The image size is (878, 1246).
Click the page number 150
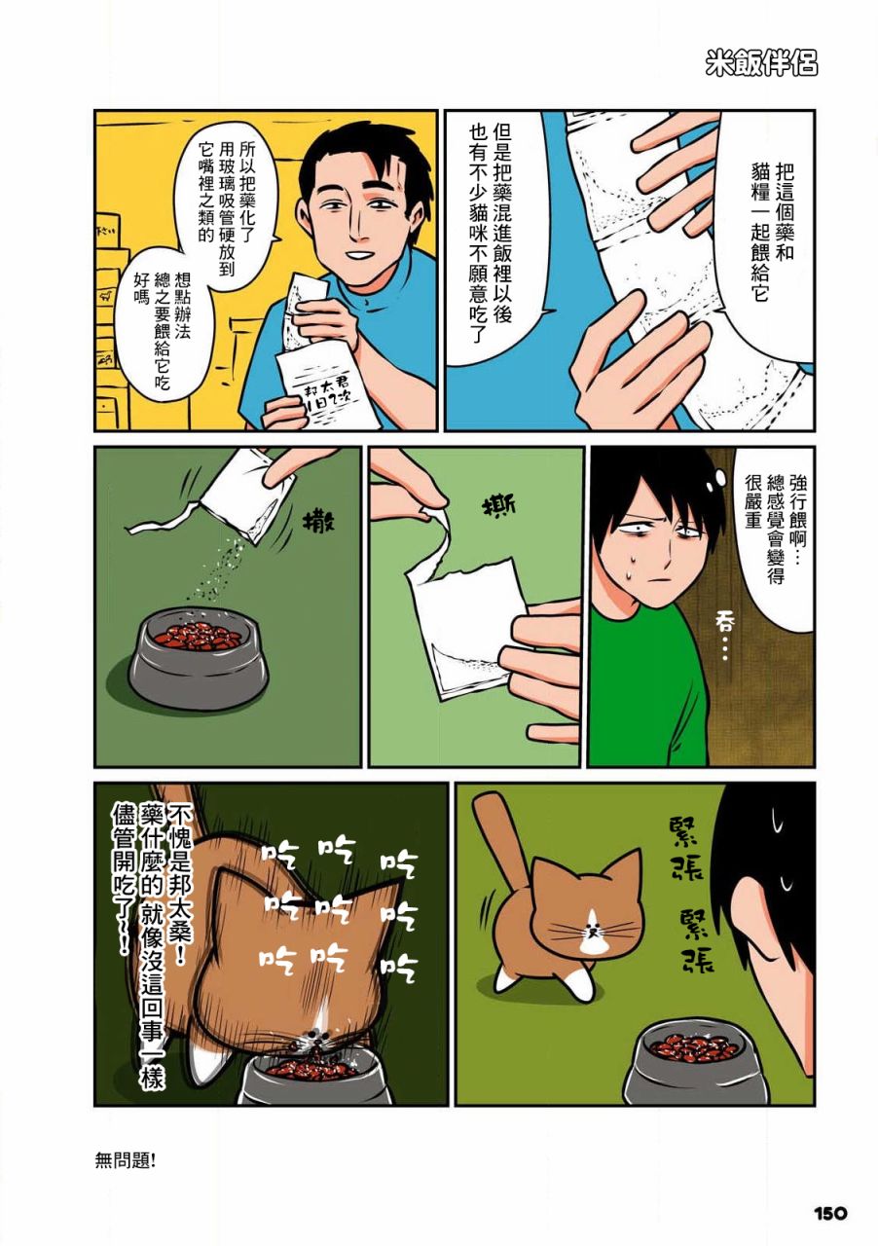click(830, 1213)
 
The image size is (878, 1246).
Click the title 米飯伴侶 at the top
click(761, 64)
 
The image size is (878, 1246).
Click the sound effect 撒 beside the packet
click(319, 524)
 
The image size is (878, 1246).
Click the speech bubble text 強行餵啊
click(797, 513)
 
